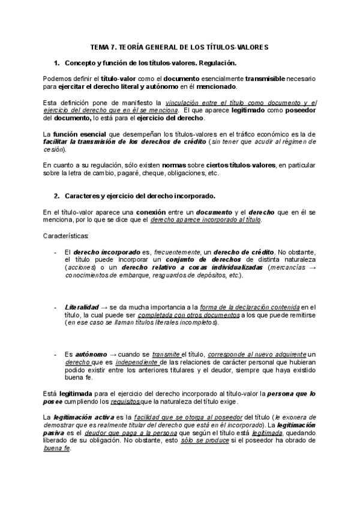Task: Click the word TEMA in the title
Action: pos(100,46)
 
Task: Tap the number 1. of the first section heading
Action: pos(57,62)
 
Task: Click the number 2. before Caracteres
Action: pos(57,196)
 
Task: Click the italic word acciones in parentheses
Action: pos(80,267)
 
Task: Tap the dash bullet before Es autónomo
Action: pos(56,354)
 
